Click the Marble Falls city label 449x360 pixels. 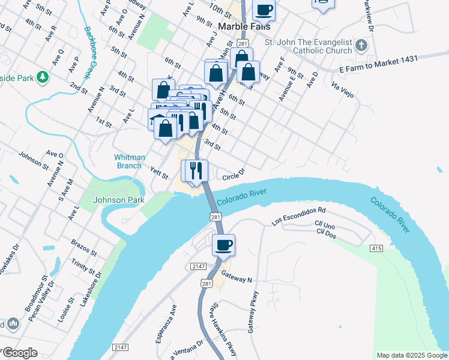click(x=244, y=27)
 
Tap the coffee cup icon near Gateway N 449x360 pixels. click(x=223, y=245)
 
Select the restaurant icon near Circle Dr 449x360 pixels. click(x=194, y=170)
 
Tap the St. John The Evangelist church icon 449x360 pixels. click(x=361, y=46)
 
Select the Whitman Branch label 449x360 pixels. click(x=130, y=161)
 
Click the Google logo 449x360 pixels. click(x=19, y=353)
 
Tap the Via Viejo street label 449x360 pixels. click(x=342, y=91)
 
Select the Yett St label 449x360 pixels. click(x=159, y=172)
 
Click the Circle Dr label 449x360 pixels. click(x=234, y=176)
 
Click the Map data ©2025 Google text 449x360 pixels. click(x=412, y=355)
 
